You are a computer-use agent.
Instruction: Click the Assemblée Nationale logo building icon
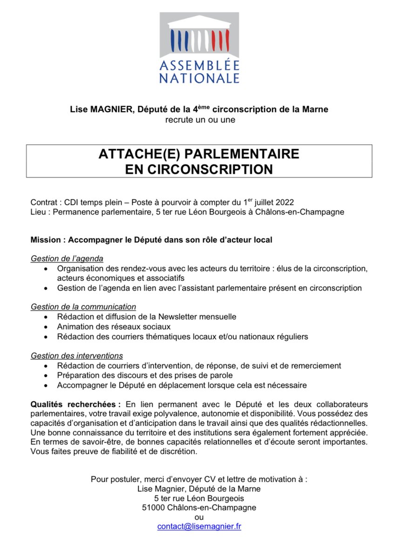pyautogui.click(x=199, y=35)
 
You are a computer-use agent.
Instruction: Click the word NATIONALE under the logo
pyautogui.click(x=199, y=78)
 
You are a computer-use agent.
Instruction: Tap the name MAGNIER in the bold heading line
pyautogui.click(x=114, y=110)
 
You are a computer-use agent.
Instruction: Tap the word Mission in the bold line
pyautogui.click(x=46, y=240)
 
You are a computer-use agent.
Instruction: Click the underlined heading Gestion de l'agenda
pyautogui.click(x=67, y=259)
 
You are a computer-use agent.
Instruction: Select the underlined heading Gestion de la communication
pyautogui.click(x=83, y=307)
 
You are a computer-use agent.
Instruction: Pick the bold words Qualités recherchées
pyautogui.click(x=75, y=403)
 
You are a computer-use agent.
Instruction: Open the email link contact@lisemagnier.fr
pyautogui.click(x=199, y=526)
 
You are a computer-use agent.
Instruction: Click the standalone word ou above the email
pyautogui.click(x=199, y=517)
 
